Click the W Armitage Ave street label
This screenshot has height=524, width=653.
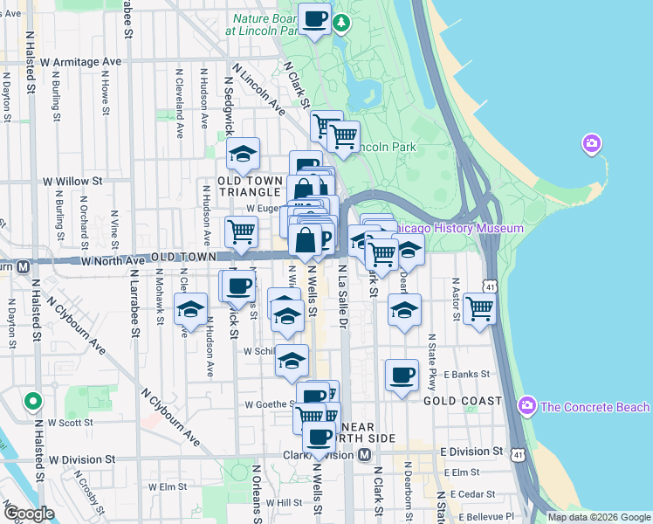coord(79,62)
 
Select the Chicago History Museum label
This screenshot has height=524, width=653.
coord(458,228)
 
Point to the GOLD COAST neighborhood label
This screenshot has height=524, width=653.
coord(463,401)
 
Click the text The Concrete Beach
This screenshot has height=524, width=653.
coord(595,407)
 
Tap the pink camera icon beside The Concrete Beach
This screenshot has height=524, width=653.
coord(526,405)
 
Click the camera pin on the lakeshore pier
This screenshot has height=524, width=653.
coord(592,142)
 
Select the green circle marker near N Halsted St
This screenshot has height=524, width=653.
coord(32,402)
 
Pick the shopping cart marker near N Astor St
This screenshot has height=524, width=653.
coord(479,307)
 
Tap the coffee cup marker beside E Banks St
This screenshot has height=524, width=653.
coord(401,375)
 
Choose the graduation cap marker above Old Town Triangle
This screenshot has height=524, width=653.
coord(243,155)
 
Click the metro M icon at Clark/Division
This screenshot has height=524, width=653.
coord(365,455)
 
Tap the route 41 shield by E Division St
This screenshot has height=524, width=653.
coord(519,454)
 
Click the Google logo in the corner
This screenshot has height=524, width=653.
coord(29,514)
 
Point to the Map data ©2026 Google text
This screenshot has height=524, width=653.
coord(598,517)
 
